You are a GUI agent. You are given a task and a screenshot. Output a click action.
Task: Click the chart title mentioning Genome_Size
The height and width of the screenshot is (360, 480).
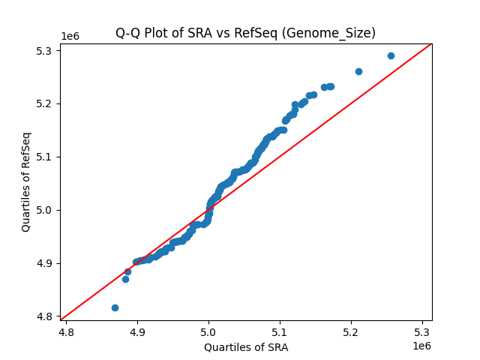[245, 33]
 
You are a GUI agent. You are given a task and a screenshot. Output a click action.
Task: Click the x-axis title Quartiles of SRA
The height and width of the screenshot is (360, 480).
[245, 347]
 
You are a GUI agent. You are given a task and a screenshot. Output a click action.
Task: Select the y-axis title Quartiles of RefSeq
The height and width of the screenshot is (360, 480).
[26, 181]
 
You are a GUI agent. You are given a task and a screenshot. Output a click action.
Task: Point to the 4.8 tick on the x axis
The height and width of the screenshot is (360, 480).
[66, 330]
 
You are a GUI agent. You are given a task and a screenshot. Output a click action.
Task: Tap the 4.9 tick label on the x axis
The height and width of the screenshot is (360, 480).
[137, 330]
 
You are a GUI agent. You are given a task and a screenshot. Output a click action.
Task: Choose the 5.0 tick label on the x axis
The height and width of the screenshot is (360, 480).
[208, 330]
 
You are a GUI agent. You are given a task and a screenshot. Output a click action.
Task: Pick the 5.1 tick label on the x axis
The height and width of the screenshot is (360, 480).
[280, 330]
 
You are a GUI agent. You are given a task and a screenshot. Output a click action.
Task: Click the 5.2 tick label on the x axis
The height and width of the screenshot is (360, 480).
[351, 330]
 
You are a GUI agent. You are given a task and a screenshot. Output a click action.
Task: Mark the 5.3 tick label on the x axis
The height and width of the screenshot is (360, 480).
[422, 330]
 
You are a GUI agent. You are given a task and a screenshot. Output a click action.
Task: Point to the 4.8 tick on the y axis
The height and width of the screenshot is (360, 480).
[46, 316]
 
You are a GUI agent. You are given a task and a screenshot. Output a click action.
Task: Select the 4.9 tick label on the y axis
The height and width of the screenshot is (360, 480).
[46, 263]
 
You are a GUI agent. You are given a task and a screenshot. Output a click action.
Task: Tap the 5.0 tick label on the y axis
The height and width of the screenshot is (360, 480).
[46, 210]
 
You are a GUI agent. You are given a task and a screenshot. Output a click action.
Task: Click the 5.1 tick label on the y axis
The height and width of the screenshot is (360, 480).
[46, 157]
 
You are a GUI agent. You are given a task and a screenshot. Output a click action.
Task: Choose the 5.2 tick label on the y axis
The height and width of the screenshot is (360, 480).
[46, 103]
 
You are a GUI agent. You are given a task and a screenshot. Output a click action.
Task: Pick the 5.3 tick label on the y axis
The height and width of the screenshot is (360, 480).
[46, 50]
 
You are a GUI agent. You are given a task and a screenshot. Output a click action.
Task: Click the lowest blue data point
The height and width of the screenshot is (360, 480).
[115, 307]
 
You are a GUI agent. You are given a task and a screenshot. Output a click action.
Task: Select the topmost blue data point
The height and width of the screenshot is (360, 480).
[391, 55]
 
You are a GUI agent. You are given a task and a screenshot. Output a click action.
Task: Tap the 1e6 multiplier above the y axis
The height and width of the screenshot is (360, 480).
[70, 37]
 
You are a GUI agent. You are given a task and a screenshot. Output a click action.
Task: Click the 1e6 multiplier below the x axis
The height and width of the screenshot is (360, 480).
[421, 346]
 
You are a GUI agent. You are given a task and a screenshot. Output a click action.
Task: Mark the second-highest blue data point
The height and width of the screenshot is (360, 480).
[358, 71]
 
